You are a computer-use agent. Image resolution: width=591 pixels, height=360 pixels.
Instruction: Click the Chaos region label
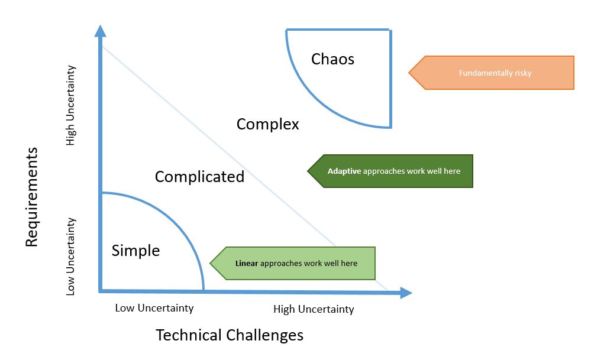[x=332, y=59]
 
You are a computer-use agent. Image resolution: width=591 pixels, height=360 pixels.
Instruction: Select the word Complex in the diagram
[x=267, y=124]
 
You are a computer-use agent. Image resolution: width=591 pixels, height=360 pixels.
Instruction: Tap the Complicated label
[x=199, y=176]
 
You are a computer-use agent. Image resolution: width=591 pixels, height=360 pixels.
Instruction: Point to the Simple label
[x=135, y=251]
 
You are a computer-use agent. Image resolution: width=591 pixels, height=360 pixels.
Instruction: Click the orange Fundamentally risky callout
[x=495, y=73]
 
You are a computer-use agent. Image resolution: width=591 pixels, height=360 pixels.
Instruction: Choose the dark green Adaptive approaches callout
[x=394, y=171]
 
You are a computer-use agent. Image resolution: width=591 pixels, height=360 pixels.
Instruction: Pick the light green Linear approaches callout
[x=296, y=263]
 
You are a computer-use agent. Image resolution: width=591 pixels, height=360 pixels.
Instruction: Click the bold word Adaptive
[x=344, y=171]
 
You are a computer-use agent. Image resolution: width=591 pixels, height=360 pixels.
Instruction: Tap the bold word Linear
[x=247, y=263]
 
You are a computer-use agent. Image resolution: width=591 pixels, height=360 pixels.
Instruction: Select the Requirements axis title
[x=32, y=197]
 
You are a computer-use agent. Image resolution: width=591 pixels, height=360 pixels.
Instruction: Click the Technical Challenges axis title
[x=230, y=335]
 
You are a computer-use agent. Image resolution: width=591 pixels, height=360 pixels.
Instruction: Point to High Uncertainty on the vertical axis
[x=71, y=105]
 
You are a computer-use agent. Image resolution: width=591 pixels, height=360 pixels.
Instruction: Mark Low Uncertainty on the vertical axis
[x=71, y=257]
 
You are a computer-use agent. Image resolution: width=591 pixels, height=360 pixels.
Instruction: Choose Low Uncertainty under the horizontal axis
[x=154, y=308]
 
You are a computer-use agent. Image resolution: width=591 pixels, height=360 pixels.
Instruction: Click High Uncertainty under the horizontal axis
[x=314, y=309]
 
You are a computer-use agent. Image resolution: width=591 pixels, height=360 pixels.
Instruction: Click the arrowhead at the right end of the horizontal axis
[x=406, y=292]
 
